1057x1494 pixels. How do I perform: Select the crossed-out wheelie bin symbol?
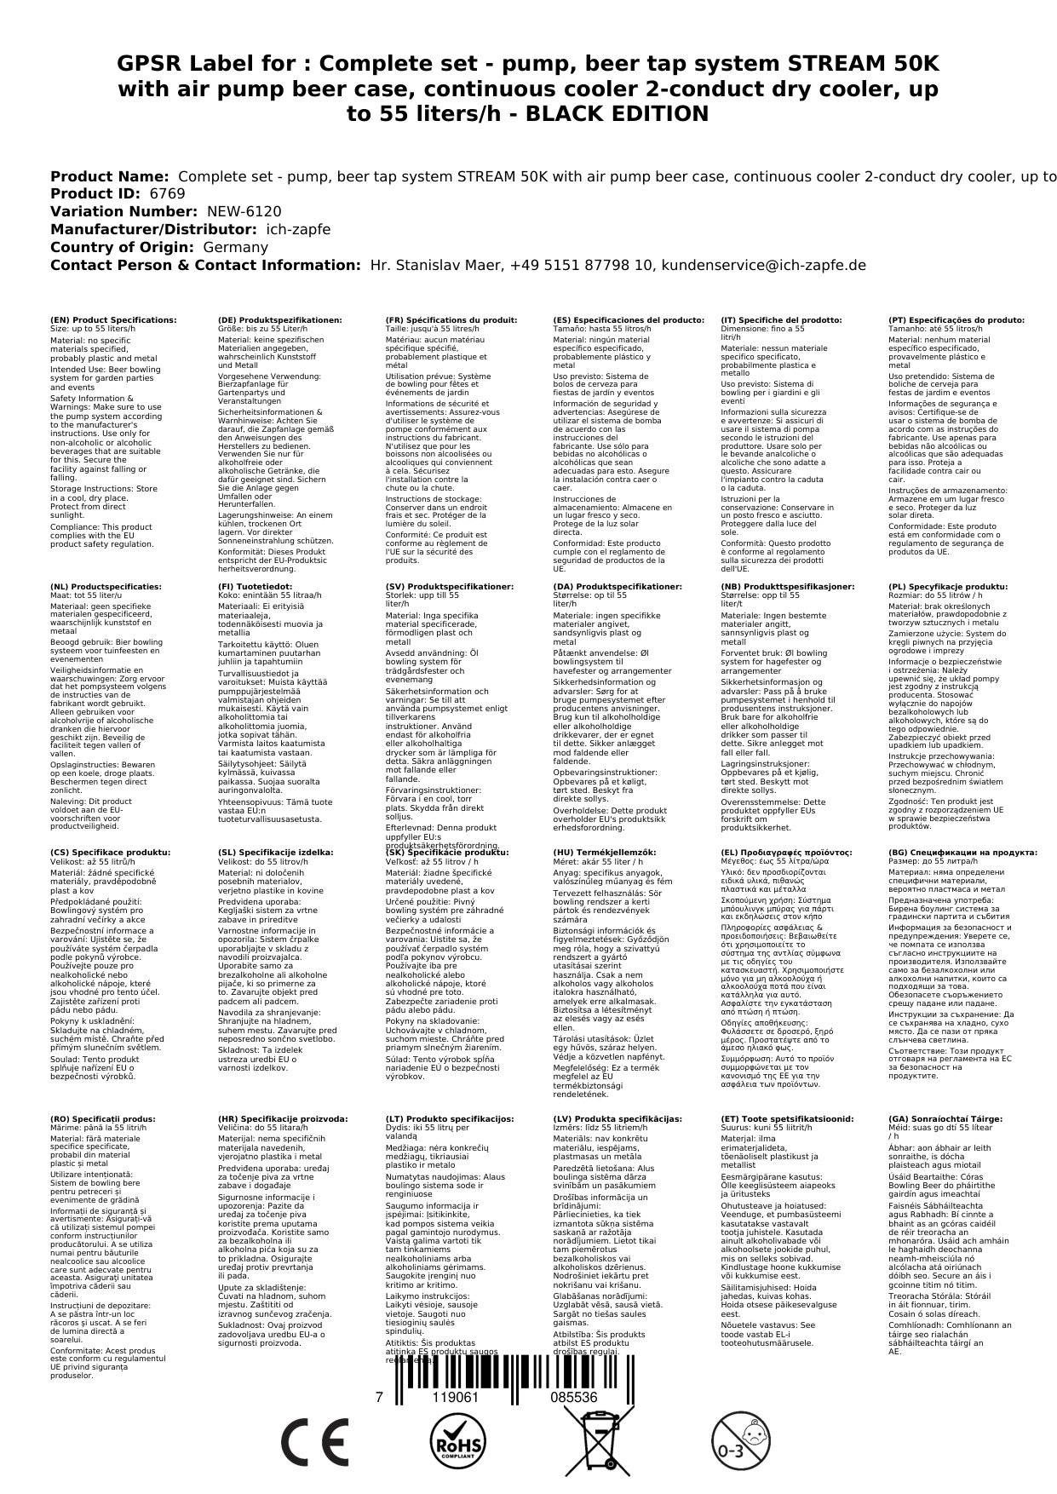point(597,1443)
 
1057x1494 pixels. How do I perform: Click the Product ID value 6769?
point(167,193)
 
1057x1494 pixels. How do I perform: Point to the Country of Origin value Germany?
point(235,247)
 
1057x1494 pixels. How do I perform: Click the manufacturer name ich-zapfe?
point(298,229)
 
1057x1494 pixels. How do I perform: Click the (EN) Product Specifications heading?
point(113,320)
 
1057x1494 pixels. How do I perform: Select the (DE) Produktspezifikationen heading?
point(280,320)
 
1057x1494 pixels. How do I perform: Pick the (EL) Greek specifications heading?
point(786,853)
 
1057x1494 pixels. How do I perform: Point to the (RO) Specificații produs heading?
point(103,1118)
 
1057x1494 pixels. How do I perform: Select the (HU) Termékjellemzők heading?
point(605,853)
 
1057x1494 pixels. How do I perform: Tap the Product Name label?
point(109,176)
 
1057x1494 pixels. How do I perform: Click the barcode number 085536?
point(573,1398)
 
